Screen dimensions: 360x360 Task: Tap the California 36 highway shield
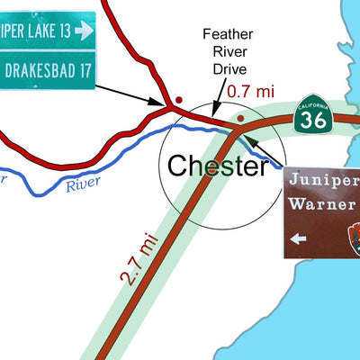(314, 116)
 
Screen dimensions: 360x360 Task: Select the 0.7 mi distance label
(249, 91)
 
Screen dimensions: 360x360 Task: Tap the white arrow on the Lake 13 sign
(84, 31)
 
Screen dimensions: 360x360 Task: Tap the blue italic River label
(83, 185)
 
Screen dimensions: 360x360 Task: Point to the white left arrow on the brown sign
(299, 238)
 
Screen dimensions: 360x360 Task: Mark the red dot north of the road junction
(178, 98)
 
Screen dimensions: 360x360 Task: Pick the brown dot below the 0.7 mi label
(240, 118)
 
